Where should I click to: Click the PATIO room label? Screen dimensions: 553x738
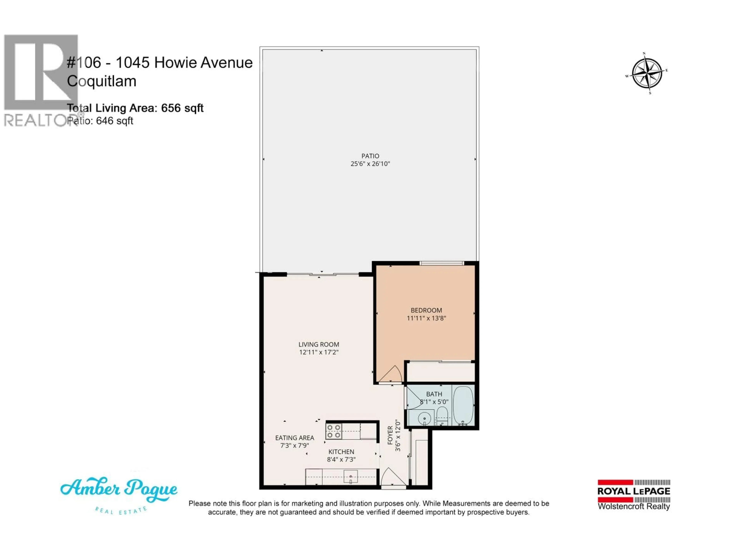370,156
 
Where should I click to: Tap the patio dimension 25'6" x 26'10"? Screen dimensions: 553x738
370,164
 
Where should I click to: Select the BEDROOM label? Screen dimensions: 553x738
426,310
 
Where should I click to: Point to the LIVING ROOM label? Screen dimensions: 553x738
319,344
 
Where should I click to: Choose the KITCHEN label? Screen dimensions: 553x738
341,452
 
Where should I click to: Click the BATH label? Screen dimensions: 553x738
434,394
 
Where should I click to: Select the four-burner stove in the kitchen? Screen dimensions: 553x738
334,431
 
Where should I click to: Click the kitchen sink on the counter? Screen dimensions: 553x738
350,476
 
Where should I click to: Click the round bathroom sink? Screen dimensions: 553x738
424,418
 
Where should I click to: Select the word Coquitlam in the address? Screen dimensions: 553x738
102,81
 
